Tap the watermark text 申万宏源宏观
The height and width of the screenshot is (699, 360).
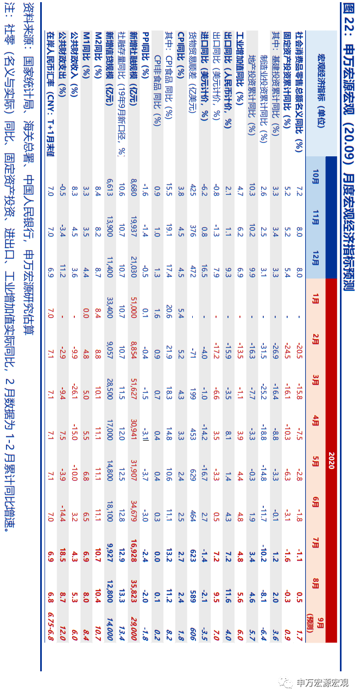pyautogui.click(x=323, y=683)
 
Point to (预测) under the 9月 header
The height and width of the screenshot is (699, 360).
pyautogui.click(x=311, y=627)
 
